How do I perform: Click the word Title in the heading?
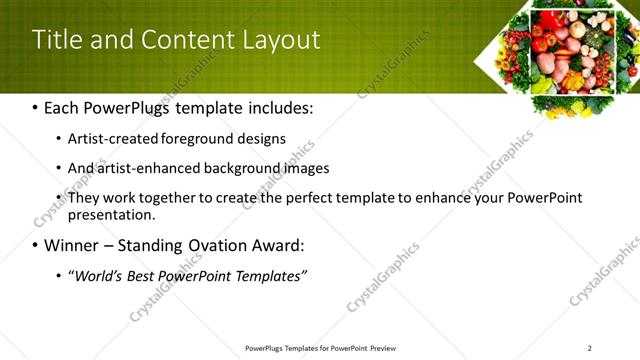tap(57, 40)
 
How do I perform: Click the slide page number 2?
tap(589, 348)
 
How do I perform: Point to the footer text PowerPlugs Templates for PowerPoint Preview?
tap(320, 348)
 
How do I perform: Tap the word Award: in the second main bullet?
tap(272, 245)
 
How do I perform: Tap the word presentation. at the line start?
tap(110, 214)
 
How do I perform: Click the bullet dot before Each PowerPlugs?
tap(36, 107)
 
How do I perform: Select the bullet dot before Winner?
tap(36, 245)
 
